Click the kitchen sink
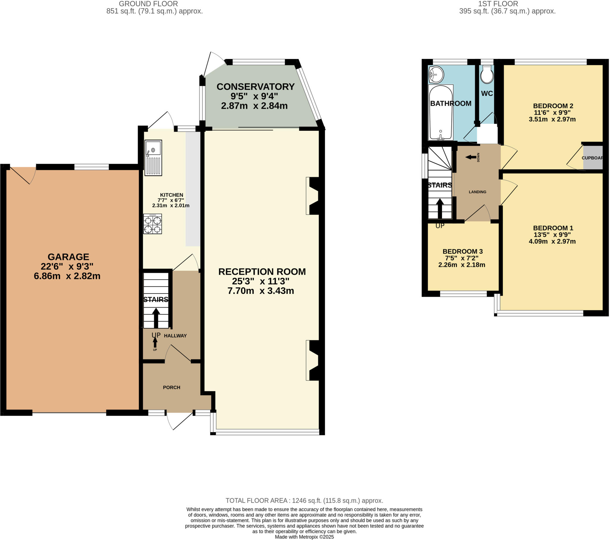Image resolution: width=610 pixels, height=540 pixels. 153,158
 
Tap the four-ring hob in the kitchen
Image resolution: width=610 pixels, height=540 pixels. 152,224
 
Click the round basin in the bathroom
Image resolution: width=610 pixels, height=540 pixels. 436,75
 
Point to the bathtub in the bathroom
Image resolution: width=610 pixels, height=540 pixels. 441,113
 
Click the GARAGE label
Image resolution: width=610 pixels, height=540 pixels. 68,257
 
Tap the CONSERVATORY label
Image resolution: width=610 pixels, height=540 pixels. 256,87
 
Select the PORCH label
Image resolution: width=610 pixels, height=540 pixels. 172,387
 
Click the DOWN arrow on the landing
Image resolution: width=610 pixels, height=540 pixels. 471,157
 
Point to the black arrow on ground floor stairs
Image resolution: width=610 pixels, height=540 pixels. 156,318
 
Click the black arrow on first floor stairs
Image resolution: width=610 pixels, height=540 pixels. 440,209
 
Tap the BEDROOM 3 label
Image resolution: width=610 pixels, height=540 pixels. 463,252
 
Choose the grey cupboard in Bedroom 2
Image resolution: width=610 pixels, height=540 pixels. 593,158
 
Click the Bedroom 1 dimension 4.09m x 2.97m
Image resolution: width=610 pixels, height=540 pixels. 552,241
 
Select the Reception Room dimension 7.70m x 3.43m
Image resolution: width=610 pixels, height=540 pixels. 261,291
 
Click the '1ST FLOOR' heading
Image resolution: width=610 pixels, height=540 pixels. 498,4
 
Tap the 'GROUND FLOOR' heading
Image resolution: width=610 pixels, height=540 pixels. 148,4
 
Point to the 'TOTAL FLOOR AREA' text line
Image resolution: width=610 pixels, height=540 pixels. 304,501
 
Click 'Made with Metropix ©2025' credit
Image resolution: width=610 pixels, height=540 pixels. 304,537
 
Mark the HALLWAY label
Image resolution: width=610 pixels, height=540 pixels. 175,336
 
